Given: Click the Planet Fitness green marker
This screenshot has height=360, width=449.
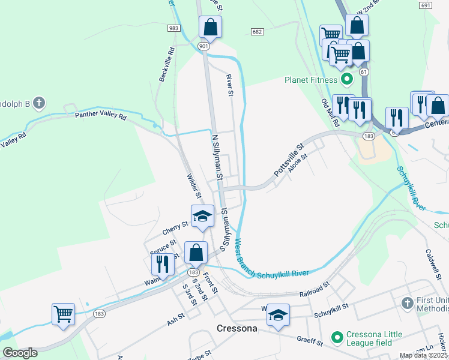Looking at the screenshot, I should tap(346, 79).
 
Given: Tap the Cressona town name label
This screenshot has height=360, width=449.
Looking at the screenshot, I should tap(237, 329).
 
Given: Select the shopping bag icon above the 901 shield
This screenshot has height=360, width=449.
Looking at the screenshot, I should tap(210, 26).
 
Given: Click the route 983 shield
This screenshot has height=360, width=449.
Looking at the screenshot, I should tap(173, 28).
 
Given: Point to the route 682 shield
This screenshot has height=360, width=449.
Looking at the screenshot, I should tap(257, 31).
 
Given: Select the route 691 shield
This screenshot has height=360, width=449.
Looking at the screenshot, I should tap(426, 5).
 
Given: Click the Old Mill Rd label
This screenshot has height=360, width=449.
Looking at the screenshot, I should tap(330, 113).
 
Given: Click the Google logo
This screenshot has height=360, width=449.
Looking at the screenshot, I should tap(20, 353).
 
